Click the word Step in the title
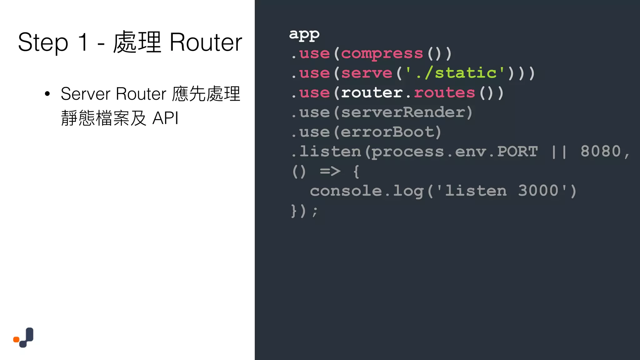tap(43, 43)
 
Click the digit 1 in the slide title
tap(83, 42)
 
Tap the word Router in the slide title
tap(206, 43)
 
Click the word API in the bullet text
tap(165, 118)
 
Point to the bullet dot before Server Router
tap(47, 94)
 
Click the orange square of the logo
tap(16, 339)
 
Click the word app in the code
tap(304, 34)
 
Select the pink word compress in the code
tap(382, 54)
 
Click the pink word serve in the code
tap(366, 73)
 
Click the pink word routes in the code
tap(444, 93)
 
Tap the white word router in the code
tap(372, 93)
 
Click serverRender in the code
tap(403, 112)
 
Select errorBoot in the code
tap(387, 132)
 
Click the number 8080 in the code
tap(600, 152)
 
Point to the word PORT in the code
tap(517, 152)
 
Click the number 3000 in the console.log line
tap(538, 191)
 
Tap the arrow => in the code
tap(330, 171)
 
